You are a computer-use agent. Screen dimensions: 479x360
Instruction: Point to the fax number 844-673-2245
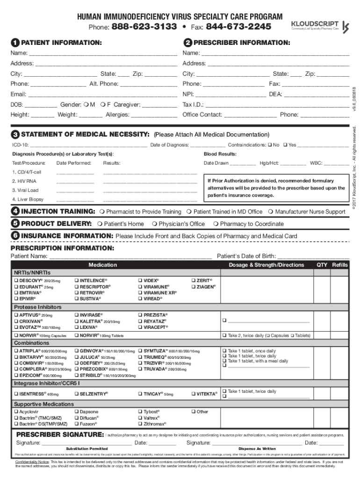pos(238,27)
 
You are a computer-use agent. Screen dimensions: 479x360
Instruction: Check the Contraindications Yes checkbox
pos(286,145)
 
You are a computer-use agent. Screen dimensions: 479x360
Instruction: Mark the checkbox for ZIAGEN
pos(193,286)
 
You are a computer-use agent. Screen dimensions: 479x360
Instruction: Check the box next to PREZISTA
pos(140,315)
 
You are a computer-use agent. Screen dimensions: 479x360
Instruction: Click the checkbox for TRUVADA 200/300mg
pos(140,369)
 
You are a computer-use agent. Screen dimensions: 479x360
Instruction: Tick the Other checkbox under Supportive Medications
pos(193,412)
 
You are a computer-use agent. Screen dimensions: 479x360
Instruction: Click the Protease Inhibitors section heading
pos(37,307)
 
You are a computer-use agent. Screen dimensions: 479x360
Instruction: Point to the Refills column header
pos(340,265)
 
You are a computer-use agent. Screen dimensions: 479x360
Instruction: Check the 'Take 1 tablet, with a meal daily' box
pos(224,361)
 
